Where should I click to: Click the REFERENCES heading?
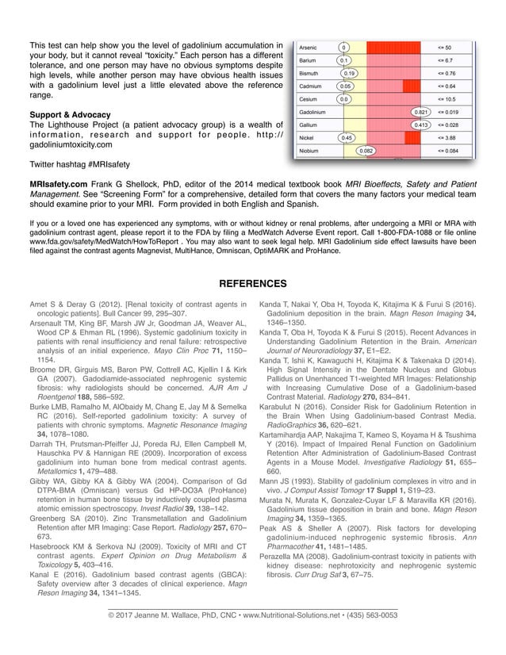pyautogui.click(x=252, y=284)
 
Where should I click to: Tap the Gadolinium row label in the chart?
pyautogui.click(x=313, y=113)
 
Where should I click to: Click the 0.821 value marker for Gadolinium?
pyautogui.click(x=421, y=113)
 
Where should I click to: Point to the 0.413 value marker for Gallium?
pyautogui.click(x=421, y=125)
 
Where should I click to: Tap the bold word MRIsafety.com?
pyautogui.click(x=55, y=182)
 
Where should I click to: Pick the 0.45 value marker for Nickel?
pyautogui.click(x=346, y=137)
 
